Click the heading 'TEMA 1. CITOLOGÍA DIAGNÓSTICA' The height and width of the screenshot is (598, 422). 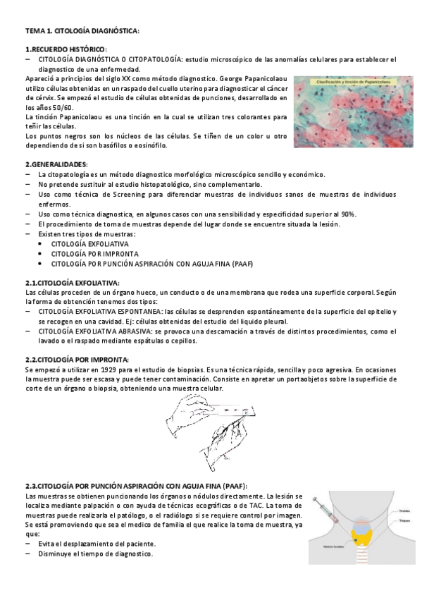81,32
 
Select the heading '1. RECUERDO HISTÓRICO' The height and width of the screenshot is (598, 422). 65,49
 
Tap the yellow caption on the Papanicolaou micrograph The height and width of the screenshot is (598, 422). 353,83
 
